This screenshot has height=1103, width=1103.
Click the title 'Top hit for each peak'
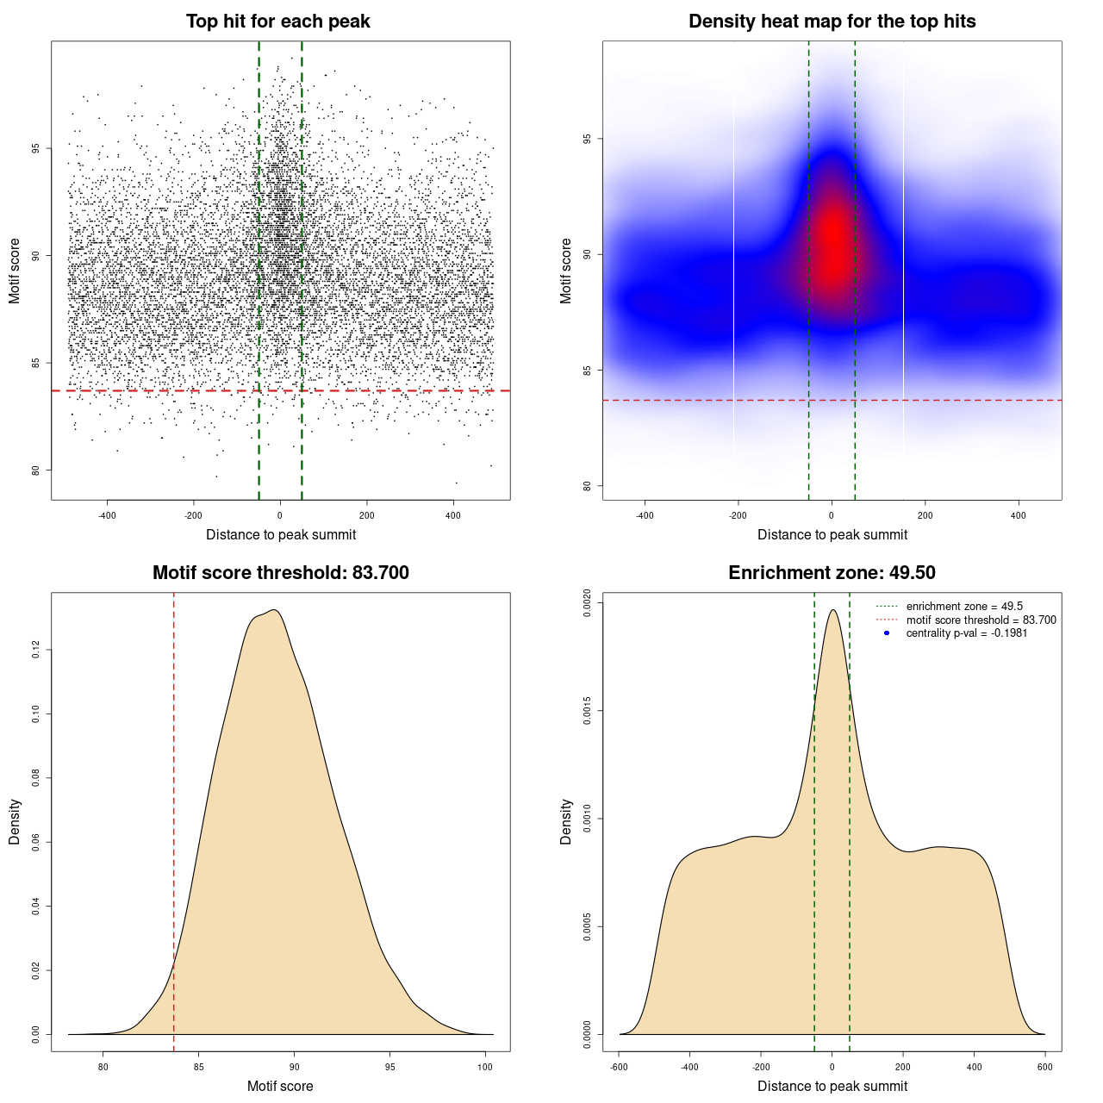(277, 22)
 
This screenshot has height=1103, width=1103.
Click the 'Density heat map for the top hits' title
(832, 22)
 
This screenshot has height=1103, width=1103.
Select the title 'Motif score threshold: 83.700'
(280, 573)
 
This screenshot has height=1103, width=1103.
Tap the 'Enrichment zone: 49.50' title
(832, 573)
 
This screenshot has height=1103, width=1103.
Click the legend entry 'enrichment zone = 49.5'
(964, 607)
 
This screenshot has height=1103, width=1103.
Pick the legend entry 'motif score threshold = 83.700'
(981, 620)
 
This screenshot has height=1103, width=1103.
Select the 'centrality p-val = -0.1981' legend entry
(966, 633)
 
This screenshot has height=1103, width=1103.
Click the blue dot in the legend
(887, 633)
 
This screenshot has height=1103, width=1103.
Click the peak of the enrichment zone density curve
(832, 610)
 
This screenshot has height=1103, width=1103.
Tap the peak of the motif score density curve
(273, 610)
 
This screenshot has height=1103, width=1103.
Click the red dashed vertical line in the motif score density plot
(174, 819)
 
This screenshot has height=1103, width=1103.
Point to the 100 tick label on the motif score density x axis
(485, 1067)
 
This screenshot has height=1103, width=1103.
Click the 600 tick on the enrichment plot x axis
(1045, 1067)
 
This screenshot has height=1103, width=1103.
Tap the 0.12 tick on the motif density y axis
(35, 650)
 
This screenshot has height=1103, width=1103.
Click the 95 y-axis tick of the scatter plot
(35, 148)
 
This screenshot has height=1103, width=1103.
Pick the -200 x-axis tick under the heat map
(738, 515)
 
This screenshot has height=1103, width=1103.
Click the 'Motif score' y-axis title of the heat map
(566, 271)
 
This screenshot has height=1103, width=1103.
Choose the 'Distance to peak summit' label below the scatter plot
(281, 534)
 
